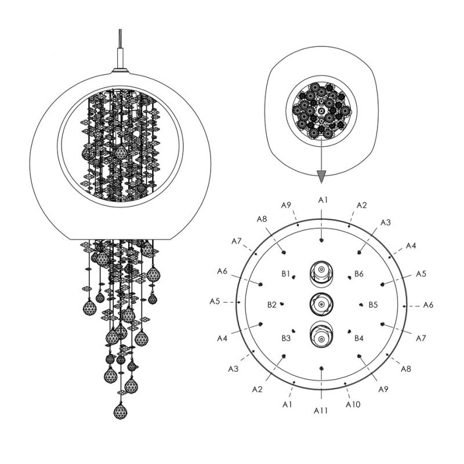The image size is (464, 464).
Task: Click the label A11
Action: click(x=321, y=411)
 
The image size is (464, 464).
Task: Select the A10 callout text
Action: click(x=353, y=404)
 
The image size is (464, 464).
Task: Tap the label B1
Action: click(x=285, y=274)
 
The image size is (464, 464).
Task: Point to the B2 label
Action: click(x=271, y=304)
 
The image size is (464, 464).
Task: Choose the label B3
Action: click(x=286, y=338)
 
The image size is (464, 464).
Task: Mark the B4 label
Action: click(x=358, y=338)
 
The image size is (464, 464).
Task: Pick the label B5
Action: click(x=373, y=304)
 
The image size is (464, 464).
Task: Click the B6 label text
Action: click(x=358, y=274)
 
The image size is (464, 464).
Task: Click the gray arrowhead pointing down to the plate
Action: click(x=321, y=177)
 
